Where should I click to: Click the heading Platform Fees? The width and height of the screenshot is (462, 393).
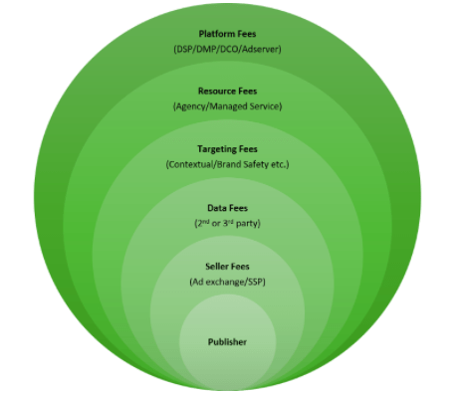tap(227, 32)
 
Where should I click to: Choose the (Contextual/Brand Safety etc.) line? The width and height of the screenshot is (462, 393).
tap(227, 162)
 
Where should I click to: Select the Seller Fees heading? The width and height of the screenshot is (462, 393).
tap(227, 267)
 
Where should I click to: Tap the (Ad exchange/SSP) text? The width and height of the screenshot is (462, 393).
tap(227, 283)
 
